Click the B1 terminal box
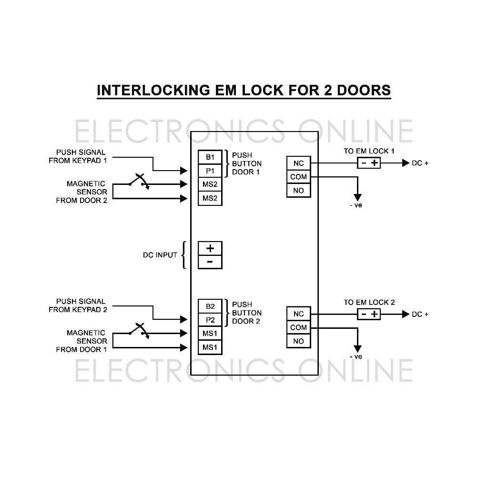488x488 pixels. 210,157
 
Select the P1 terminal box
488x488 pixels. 210,171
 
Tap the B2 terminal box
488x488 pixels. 210,306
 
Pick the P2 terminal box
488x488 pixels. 210,320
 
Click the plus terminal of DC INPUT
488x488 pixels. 210,248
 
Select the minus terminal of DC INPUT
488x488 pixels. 210,262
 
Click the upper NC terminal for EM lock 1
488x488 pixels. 298,163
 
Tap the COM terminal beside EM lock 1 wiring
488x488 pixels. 298,177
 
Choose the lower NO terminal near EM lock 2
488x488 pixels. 298,341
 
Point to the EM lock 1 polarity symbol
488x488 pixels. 369,163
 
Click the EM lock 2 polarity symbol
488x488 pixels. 369,314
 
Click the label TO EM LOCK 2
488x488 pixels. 369,302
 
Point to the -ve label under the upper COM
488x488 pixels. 356,205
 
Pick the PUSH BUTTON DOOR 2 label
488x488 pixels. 246,313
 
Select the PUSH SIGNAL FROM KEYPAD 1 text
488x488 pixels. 78,156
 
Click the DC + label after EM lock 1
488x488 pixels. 420,163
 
